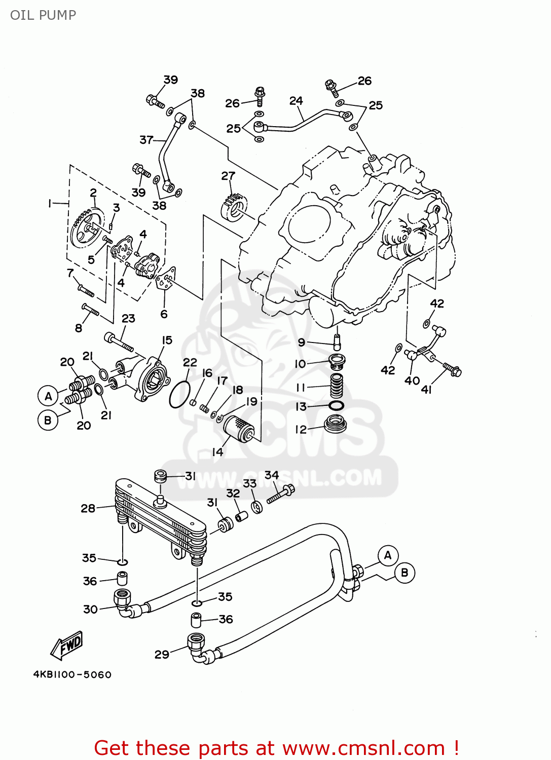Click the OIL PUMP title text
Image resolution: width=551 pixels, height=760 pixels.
pos(43,15)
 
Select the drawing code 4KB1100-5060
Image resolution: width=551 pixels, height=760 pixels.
pos(72,674)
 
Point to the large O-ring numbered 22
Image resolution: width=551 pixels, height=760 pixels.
pos(179,395)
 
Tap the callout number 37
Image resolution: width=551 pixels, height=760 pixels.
pos(146,139)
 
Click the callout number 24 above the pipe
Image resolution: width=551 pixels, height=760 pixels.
pos(296,101)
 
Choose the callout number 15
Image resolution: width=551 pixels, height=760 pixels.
pos(167,340)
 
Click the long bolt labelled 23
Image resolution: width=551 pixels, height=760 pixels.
pos(119,341)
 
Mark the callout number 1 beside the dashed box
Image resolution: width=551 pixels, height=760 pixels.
pos(49,203)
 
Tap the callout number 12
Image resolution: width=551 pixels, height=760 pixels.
pos(301,429)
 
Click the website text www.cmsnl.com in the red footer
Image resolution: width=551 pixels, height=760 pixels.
pos(363,748)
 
